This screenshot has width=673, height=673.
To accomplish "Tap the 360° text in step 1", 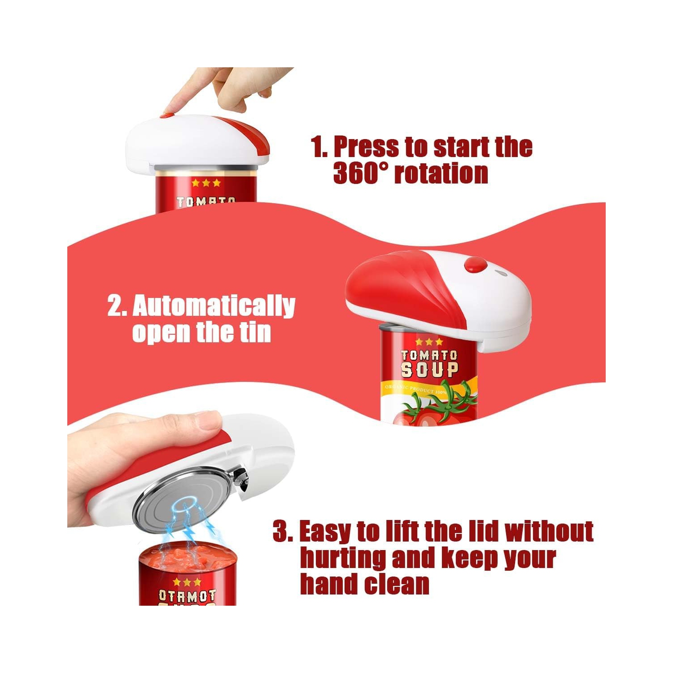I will tap(359, 173).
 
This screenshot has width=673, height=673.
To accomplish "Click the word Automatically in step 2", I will tap(214, 306).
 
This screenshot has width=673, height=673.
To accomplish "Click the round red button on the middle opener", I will tap(475, 265).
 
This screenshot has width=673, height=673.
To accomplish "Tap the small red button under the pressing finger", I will tap(167, 115).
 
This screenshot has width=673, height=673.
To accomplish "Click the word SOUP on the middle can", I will tap(429, 370).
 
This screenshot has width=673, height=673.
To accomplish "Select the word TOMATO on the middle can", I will tap(429, 355).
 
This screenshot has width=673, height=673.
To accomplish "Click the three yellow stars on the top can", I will tap(206, 183).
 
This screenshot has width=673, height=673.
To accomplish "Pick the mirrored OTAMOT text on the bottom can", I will tap(187, 596).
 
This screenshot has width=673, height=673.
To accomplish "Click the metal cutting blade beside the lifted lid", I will tap(241, 478).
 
